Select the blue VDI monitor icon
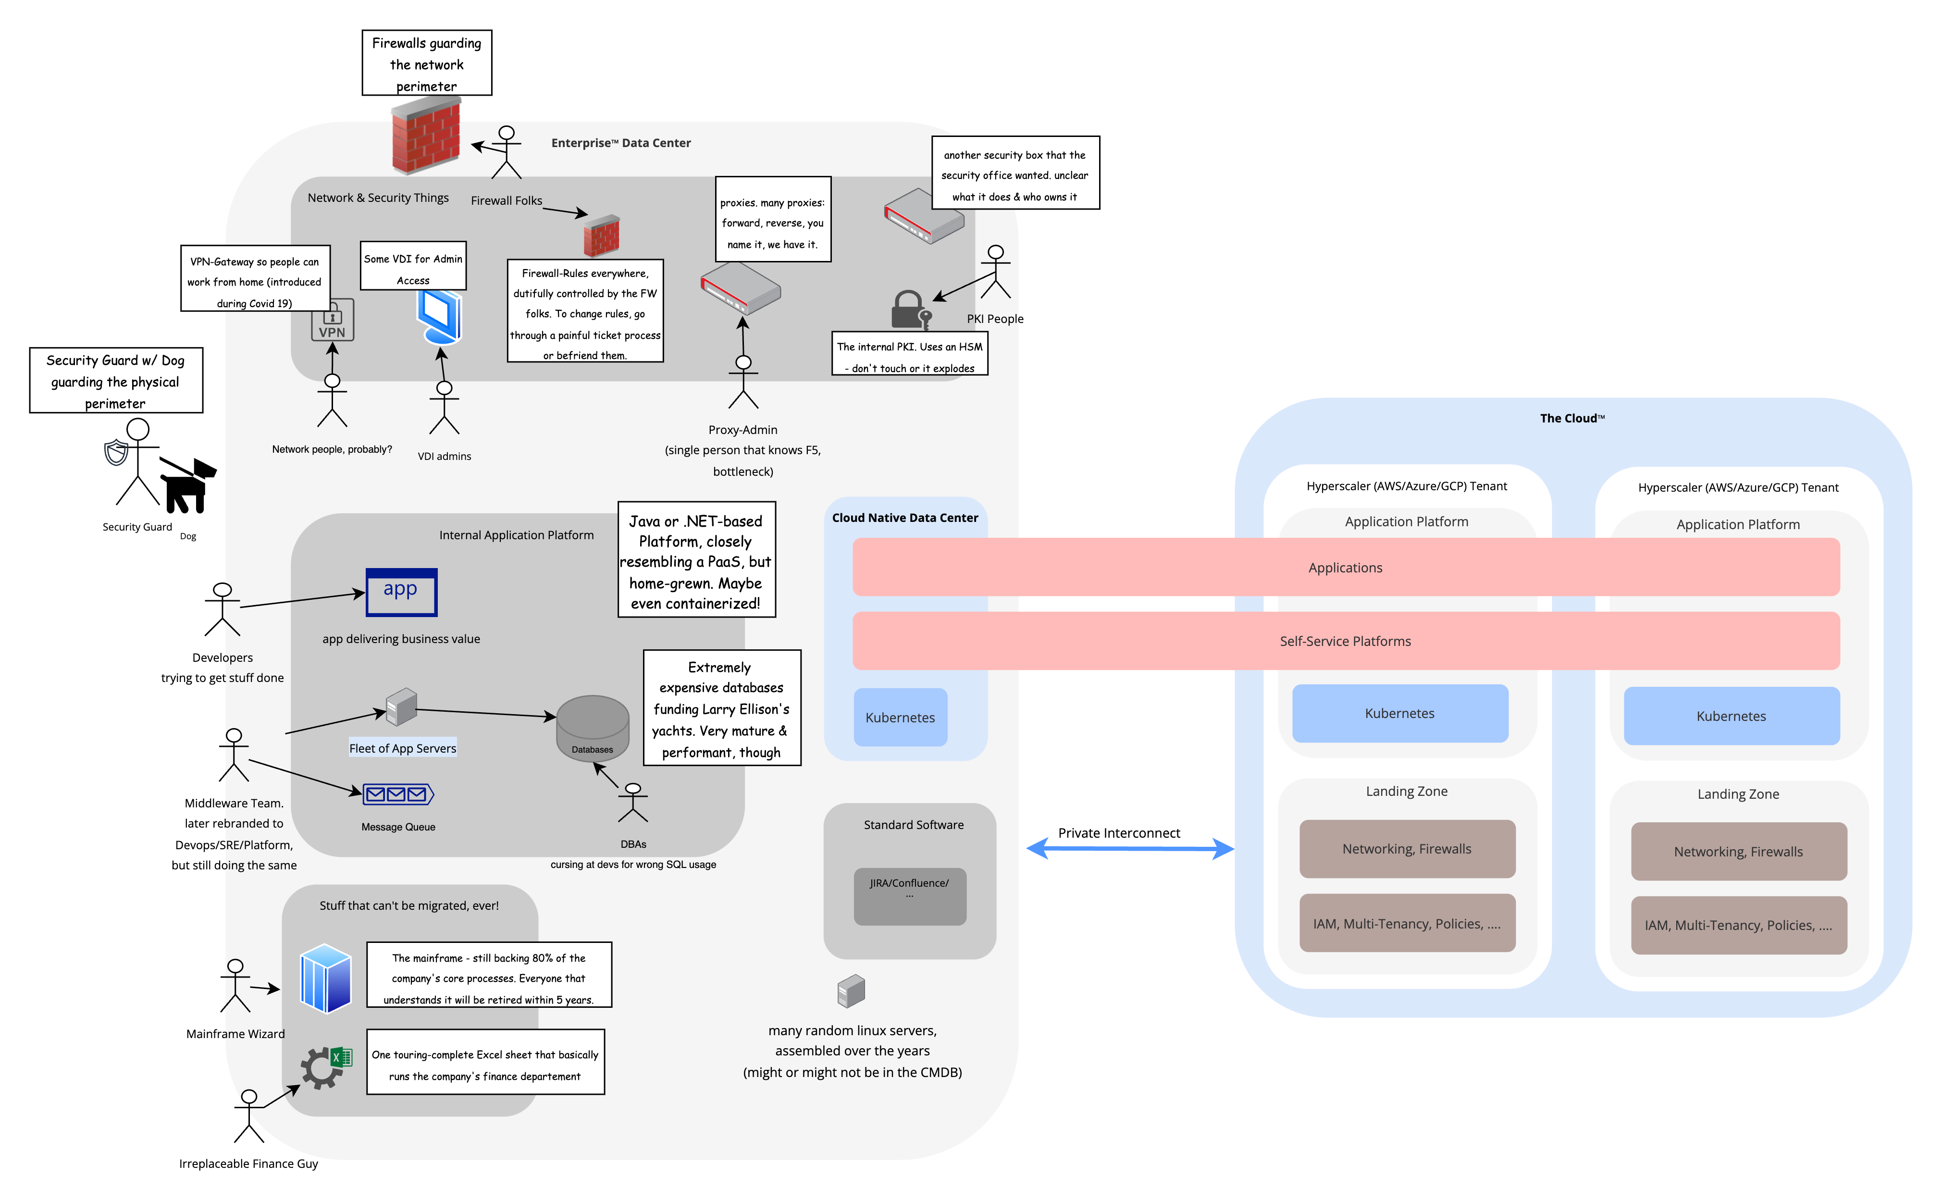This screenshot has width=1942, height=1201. (x=440, y=316)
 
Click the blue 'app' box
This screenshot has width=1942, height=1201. (x=401, y=592)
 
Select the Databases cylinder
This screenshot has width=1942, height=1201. (x=593, y=727)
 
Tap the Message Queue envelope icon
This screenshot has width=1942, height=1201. (x=398, y=793)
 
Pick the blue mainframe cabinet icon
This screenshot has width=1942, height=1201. (x=326, y=978)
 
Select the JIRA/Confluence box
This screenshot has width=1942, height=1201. (x=909, y=896)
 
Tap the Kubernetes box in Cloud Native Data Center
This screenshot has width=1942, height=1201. (x=900, y=717)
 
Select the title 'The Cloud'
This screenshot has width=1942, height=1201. (x=1572, y=418)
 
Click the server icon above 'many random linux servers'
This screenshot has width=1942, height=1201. (x=851, y=991)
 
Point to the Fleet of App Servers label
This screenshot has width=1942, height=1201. (x=403, y=748)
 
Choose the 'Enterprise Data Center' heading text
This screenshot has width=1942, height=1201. (x=620, y=143)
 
